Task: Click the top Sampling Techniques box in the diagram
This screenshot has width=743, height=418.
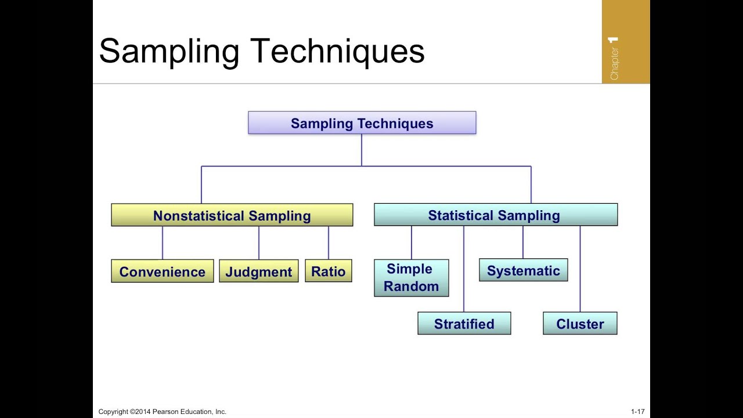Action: coord(362,123)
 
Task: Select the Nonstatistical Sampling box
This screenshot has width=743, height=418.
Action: coord(232,215)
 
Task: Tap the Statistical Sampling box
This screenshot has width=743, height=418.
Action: coord(495,215)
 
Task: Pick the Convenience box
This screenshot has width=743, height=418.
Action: coord(162,271)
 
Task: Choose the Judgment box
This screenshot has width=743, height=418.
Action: coord(258,271)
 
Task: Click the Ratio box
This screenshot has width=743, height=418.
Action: coord(328,271)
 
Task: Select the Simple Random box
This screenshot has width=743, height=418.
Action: coord(411,278)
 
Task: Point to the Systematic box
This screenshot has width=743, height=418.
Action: coord(523,271)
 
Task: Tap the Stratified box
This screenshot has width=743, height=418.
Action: coord(464,323)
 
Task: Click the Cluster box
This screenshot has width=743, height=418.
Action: coord(580,323)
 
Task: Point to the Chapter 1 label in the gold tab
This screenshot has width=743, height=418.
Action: coord(614,58)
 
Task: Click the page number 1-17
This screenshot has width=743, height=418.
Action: coord(637,412)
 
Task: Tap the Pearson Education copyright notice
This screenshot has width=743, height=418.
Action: coord(163,412)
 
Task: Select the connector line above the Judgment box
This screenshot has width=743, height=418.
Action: coord(259,243)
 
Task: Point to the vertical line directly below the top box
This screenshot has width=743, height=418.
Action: coord(362,150)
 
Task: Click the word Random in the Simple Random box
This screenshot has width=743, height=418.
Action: coord(411,286)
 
